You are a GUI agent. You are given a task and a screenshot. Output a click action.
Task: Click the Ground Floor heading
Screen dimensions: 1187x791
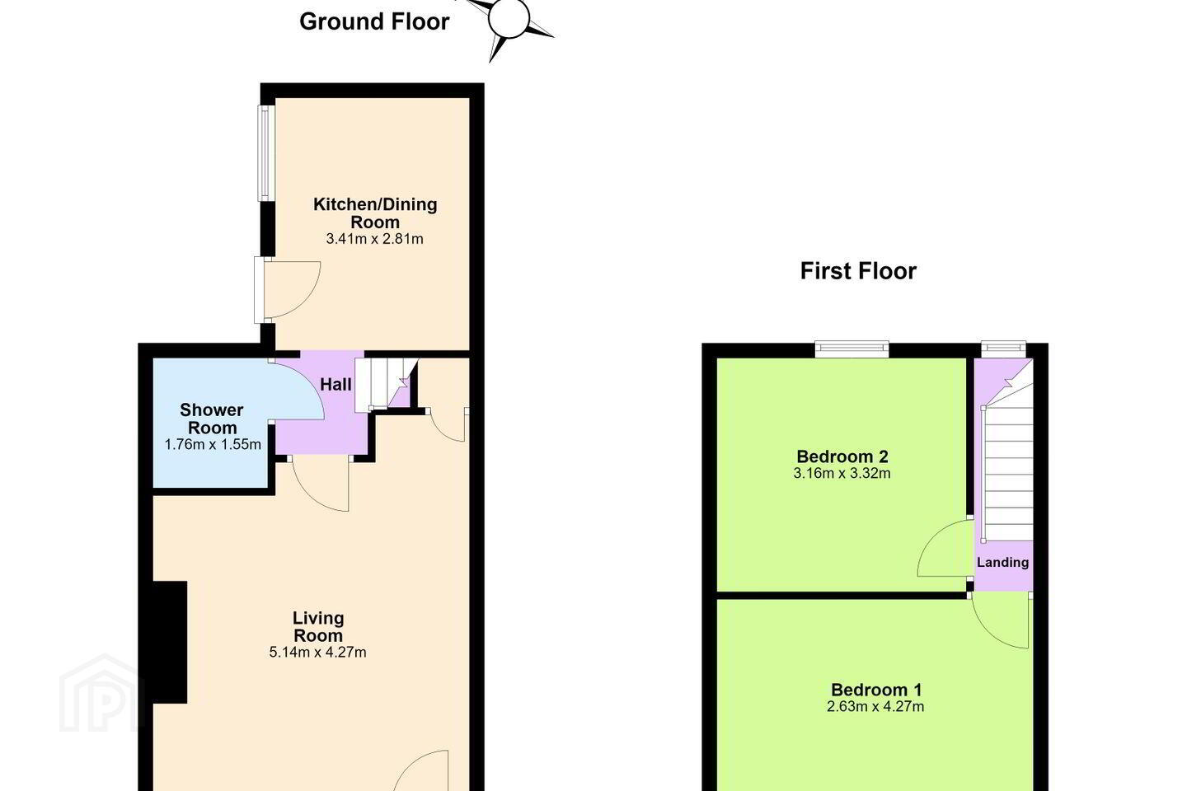tap(374, 21)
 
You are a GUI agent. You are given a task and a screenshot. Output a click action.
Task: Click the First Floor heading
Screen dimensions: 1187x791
tap(858, 271)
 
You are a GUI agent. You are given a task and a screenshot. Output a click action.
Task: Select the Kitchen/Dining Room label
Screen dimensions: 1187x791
tap(375, 213)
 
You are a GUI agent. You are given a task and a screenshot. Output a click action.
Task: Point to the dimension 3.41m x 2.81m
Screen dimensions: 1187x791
tap(374, 239)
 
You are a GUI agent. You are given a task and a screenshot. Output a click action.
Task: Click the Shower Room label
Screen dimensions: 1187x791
tap(212, 419)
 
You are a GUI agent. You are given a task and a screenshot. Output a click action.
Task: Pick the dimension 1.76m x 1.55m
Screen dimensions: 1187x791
tap(213, 444)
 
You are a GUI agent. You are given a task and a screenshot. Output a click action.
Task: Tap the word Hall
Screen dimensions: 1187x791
tap(335, 385)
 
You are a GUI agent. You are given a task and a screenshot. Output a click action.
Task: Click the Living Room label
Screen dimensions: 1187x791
tap(318, 627)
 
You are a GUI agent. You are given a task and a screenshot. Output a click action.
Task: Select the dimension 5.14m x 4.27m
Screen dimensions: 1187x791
tap(317, 653)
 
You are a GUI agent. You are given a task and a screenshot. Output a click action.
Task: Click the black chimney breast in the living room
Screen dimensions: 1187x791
tap(170, 642)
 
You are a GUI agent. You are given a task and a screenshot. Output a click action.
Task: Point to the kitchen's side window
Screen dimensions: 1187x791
tap(266, 153)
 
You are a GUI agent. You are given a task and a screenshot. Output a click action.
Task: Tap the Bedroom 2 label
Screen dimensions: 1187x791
tap(842, 456)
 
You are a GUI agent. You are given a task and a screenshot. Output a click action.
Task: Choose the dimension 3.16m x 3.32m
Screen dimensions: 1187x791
tap(842, 473)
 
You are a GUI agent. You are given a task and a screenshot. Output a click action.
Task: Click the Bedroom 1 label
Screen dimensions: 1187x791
tap(876, 690)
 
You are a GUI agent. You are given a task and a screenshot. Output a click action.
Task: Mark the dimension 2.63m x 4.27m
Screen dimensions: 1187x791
tap(875, 707)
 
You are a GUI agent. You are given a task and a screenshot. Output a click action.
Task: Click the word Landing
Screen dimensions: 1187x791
tap(1002, 562)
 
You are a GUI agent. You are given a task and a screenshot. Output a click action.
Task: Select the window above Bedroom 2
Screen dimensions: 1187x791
tap(852, 349)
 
